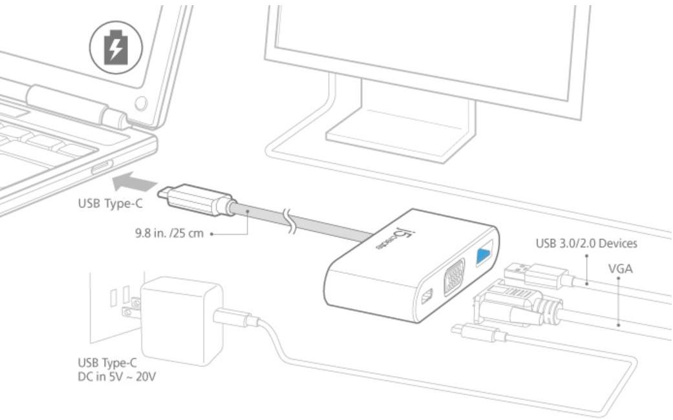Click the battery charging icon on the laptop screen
(x=116, y=47)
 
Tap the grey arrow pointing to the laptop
(x=134, y=182)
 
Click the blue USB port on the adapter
(x=484, y=255)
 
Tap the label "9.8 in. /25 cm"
(x=169, y=233)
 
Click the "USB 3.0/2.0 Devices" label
(x=586, y=243)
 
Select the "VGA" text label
(x=620, y=269)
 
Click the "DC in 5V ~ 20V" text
(x=116, y=377)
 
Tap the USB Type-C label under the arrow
(x=110, y=203)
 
